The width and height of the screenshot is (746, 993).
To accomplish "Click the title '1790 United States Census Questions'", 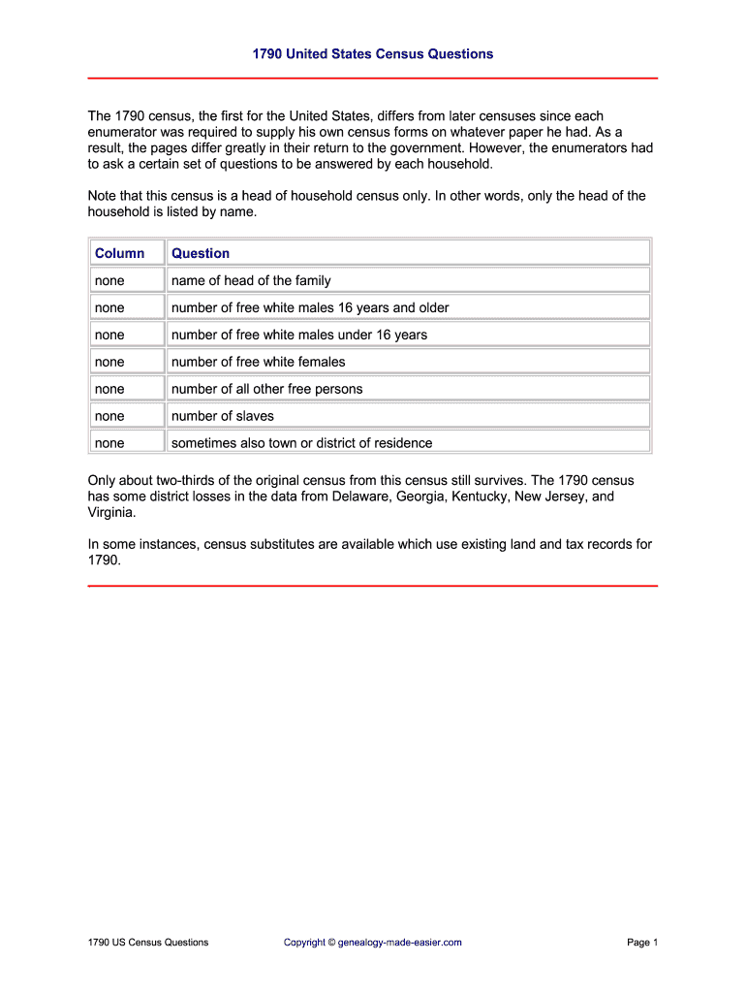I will [x=373, y=54].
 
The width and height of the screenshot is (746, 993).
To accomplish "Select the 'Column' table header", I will [x=119, y=253].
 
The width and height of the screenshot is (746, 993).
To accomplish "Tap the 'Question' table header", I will [x=201, y=253].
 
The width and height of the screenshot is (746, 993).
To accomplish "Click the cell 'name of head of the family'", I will [x=251, y=280].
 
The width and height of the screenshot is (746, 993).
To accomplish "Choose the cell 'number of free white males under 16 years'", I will [x=299, y=335].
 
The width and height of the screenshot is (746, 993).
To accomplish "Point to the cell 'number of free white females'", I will [x=259, y=362].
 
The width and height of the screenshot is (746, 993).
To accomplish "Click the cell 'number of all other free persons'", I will [x=267, y=389].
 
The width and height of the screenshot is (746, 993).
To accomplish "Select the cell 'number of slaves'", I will [x=223, y=416].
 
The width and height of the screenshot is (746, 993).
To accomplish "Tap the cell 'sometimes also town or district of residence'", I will [x=302, y=443].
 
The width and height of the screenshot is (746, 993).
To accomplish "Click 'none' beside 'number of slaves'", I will [x=109, y=416].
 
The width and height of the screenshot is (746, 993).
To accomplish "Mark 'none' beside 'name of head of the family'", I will [x=109, y=280].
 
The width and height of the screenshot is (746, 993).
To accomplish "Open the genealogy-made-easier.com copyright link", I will [x=373, y=942].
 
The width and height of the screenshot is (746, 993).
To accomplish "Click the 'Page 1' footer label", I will [x=642, y=942].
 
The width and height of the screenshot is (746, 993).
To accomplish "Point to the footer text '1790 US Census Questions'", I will [x=147, y=942].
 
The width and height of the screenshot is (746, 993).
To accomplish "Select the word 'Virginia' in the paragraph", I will [x=111, y=512].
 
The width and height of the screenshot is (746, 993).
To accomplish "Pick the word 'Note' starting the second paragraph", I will [x=104, y=196].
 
